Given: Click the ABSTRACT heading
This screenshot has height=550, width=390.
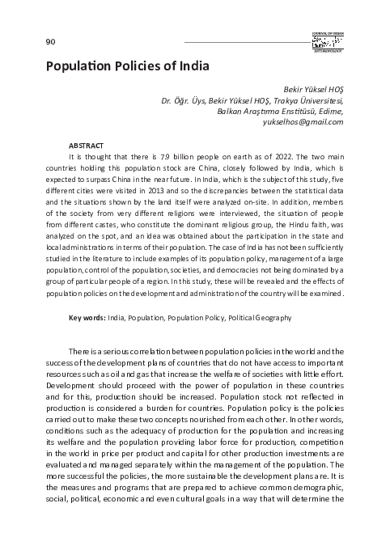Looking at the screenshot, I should [86, 142].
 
